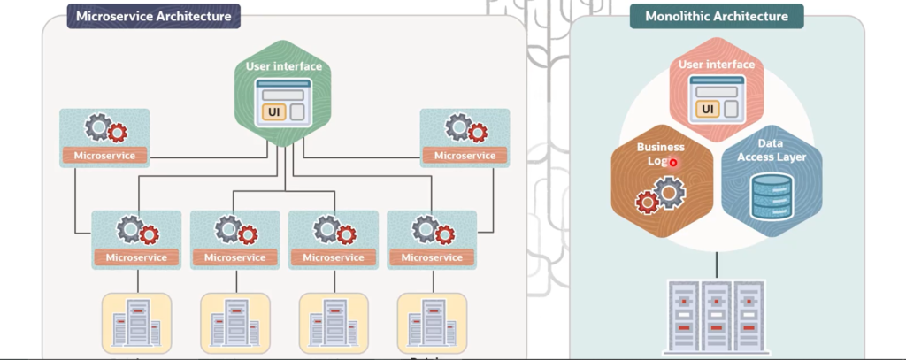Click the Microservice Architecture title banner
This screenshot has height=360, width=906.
pos(154,16)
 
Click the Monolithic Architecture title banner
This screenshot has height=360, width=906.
pos(716,16)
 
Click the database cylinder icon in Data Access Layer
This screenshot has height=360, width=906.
pos(771,196)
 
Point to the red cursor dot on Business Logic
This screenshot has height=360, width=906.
pos(673,163)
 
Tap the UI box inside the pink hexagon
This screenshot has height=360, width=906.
pos(708,109)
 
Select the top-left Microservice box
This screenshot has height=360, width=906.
pos(104,137)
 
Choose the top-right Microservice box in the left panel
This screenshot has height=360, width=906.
pos(465,137)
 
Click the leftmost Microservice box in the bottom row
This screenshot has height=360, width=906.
pos(136,239)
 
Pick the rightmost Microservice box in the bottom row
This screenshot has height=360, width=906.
pos(432,239)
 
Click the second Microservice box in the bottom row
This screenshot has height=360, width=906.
pos(234,239)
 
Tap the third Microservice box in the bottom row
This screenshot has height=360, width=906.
pos(333,239)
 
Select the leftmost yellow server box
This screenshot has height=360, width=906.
pos(136,323)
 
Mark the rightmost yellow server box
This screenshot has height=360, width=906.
pos(432,323)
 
